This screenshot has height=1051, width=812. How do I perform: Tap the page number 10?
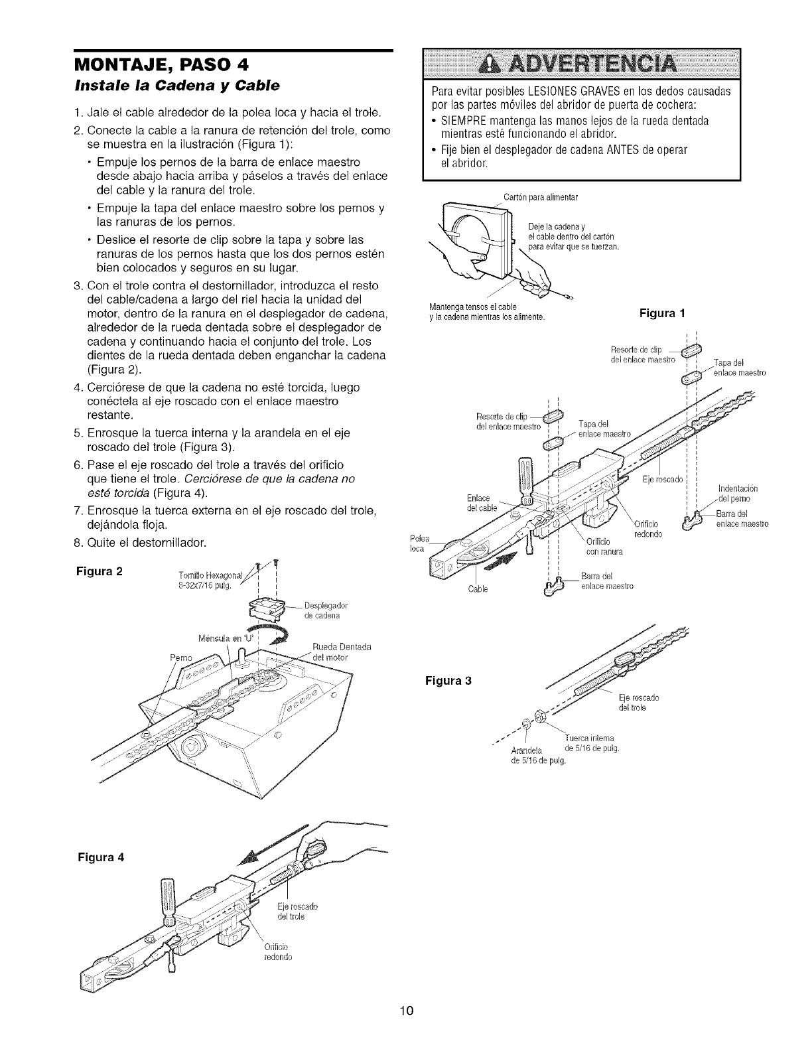click(405, 1011)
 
